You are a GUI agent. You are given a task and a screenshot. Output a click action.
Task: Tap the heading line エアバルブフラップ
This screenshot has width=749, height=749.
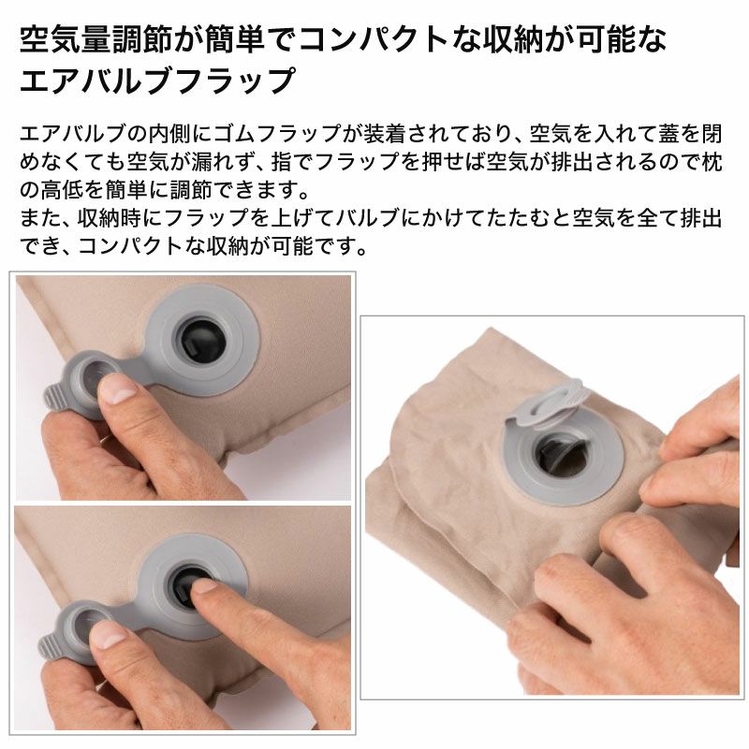(x=157, y=80)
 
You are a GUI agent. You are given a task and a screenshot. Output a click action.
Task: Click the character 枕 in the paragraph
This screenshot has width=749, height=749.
(x=712, y=162)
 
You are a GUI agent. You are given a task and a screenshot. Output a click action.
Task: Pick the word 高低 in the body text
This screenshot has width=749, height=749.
(x=61, y=190)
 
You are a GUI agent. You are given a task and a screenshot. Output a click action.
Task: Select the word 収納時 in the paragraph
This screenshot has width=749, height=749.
(x=109, y=218)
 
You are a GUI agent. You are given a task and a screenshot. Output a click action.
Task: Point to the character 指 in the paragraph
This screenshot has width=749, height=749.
(x=282, y=162)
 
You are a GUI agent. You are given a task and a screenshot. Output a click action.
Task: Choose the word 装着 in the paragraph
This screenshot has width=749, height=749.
(x=385, y=134)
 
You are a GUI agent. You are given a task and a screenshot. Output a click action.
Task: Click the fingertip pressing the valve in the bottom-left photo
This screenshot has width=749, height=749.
(x=205, y=589)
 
